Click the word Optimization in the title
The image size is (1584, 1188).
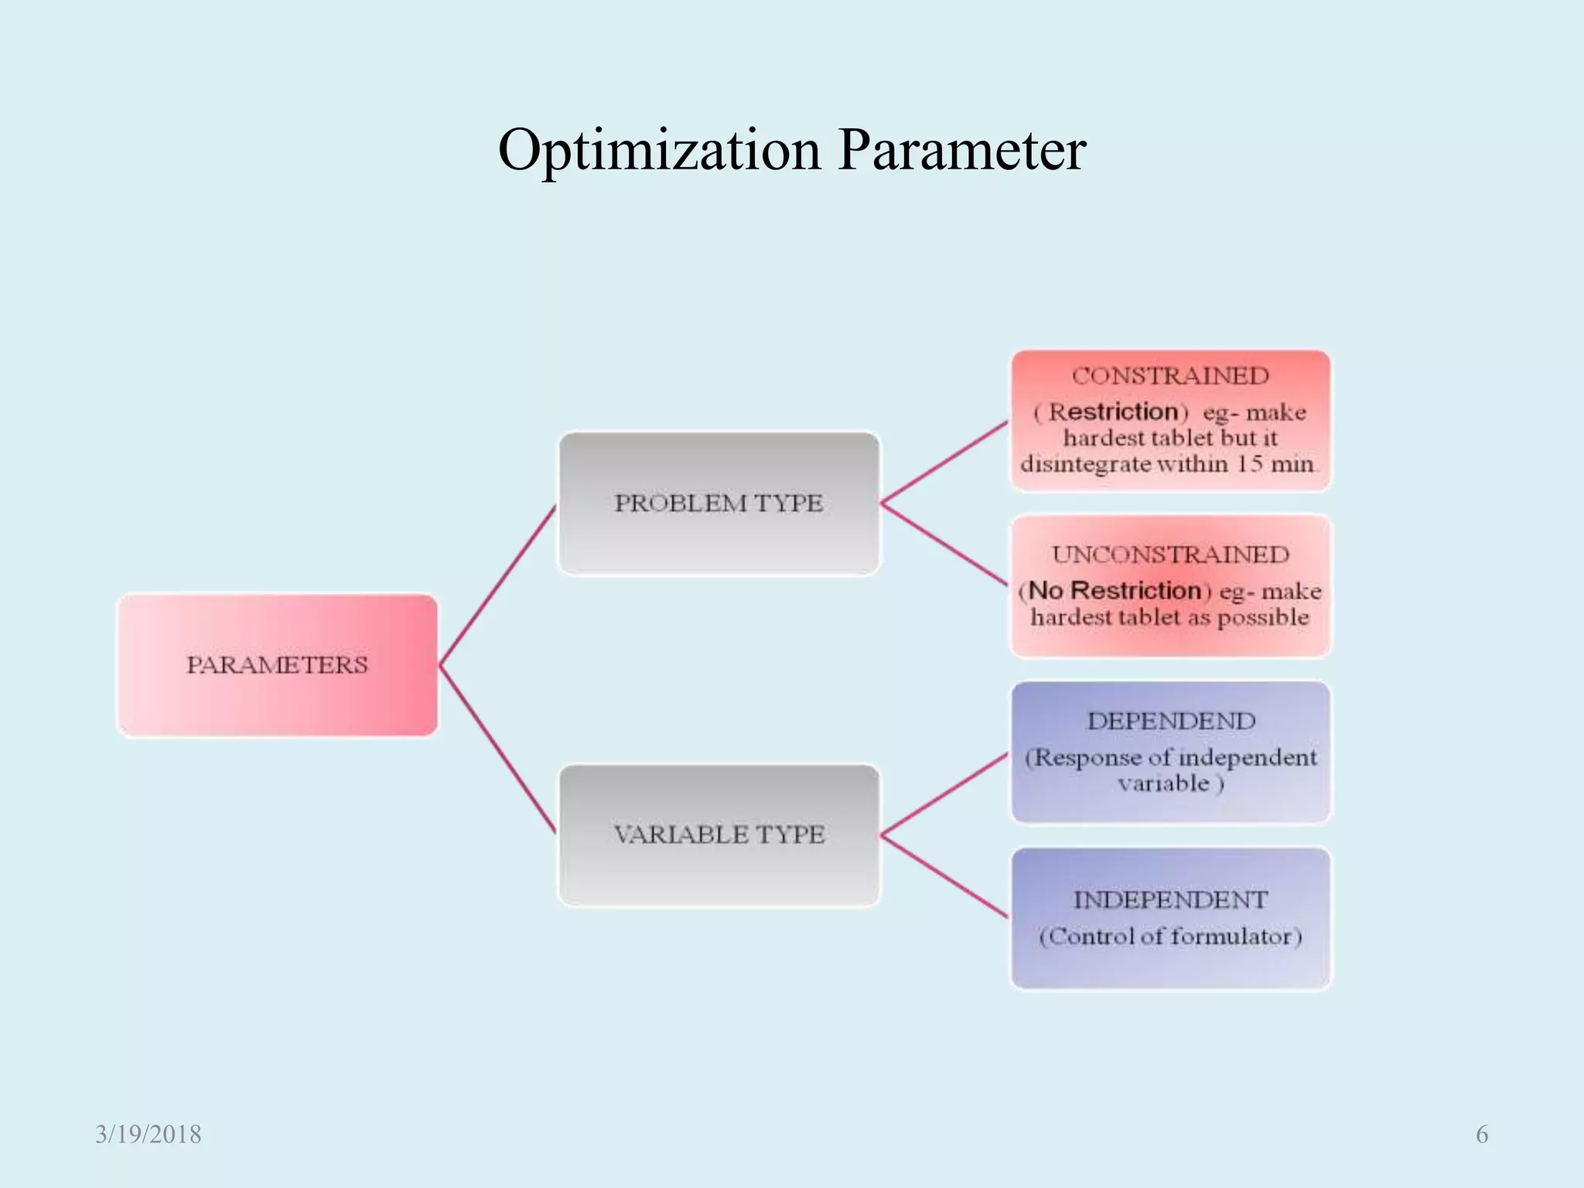tap(658, 150)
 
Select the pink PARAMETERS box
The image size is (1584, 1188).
tap(277, 665)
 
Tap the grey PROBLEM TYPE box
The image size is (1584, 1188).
tap(719, 504)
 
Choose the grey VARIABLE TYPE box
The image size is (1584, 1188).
tap(719, 835)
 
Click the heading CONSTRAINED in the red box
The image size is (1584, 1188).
tap(1170, 377)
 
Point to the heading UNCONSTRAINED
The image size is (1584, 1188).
tap(1170, 555)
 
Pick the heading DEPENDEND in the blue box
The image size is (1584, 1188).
tap(1170, 722)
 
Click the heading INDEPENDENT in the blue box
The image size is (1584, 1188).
tap(1170, 900)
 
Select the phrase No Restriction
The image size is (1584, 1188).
tap(1115, 591)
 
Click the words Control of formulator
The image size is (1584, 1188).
tap(1170, 937)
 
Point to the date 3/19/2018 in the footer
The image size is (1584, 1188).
tap(148, 1135)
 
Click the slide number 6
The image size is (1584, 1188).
tap(1481, 1135)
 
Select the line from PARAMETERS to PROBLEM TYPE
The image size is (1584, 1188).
tap(497, 585)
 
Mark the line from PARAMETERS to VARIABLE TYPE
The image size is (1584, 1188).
tap(497, 749)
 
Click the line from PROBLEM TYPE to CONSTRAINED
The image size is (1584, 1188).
tap(944, 463)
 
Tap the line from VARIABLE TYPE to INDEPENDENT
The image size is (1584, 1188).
tap(944, 876)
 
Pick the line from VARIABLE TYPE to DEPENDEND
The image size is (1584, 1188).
tap(944, 794)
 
